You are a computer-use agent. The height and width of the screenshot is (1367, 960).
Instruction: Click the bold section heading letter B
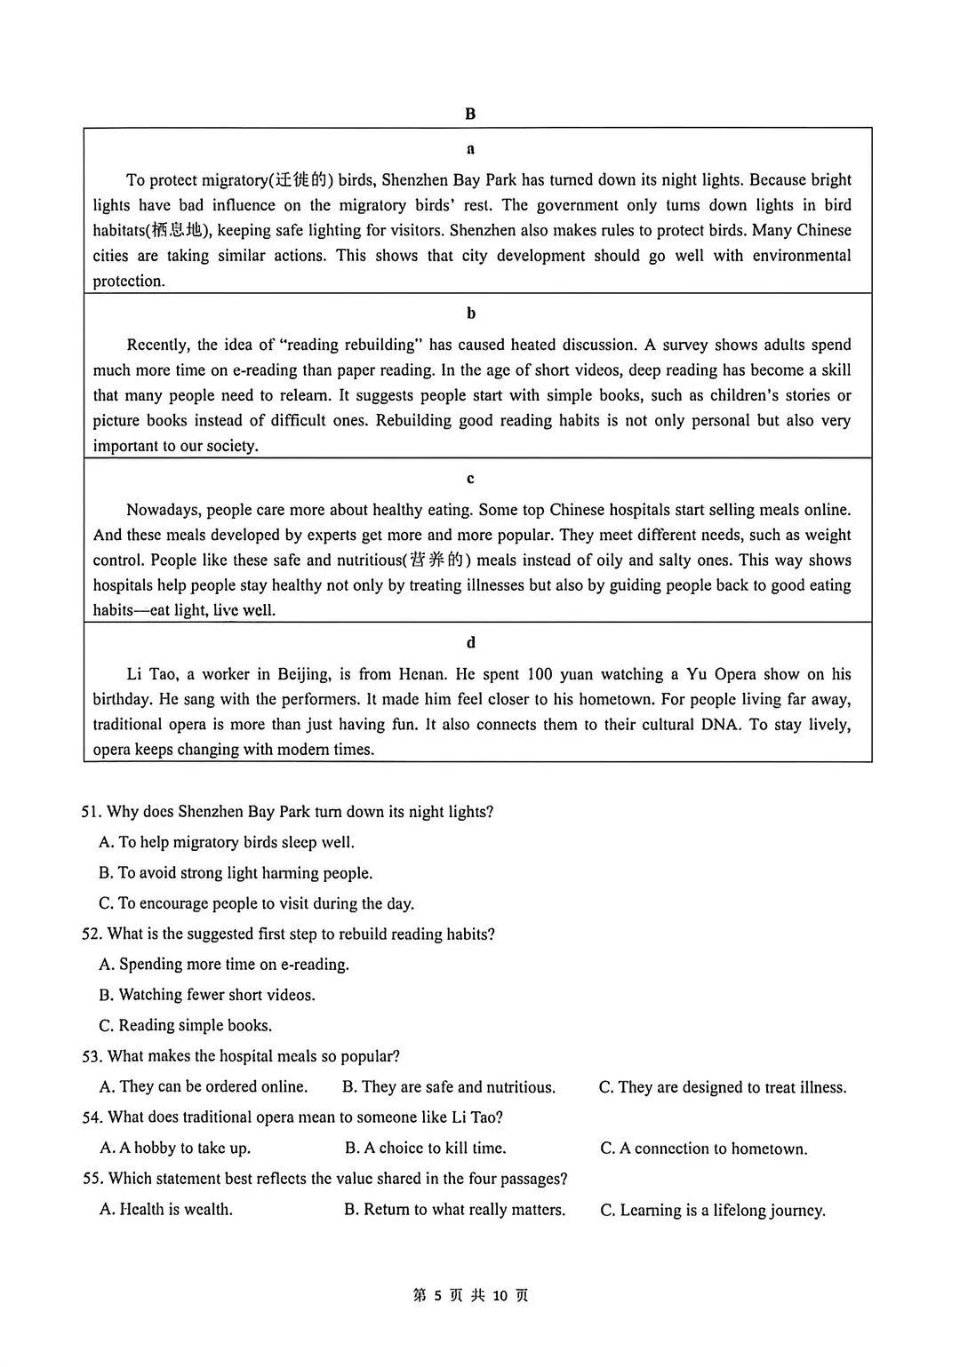(470, 114)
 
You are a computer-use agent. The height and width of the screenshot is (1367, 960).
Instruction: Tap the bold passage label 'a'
(470, 149)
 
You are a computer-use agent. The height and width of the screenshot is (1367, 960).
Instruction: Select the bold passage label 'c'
(470, 479)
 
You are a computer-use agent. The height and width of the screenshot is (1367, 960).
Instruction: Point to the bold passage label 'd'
(470, 642)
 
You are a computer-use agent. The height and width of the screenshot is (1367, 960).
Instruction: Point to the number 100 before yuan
(540, 674)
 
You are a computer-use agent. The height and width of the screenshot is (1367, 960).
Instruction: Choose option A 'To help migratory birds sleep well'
(227, 842)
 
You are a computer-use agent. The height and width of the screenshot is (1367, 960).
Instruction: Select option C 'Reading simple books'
(186, 1025)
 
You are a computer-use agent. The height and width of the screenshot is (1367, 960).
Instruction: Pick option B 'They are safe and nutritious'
(449, 1087)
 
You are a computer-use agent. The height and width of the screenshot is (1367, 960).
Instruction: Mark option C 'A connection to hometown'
(704, 1148)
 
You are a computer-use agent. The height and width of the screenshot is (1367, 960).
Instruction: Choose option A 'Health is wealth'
(166, 1210)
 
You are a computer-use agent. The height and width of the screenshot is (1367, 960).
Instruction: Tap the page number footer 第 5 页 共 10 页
(470, 1296)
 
